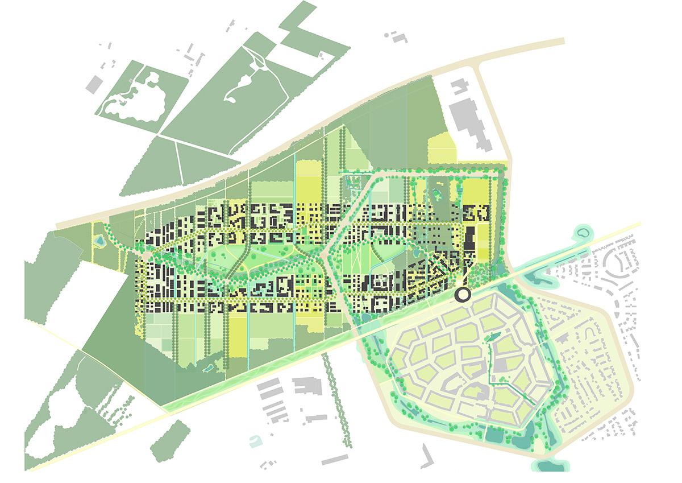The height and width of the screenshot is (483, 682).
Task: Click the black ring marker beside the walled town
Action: [x=463, y=295]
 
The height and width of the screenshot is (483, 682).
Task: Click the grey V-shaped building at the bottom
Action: [x=426, y=455]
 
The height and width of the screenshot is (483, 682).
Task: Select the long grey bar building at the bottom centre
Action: [x=335, y=459]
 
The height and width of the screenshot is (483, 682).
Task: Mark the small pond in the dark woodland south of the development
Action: [x=206, y=369]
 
